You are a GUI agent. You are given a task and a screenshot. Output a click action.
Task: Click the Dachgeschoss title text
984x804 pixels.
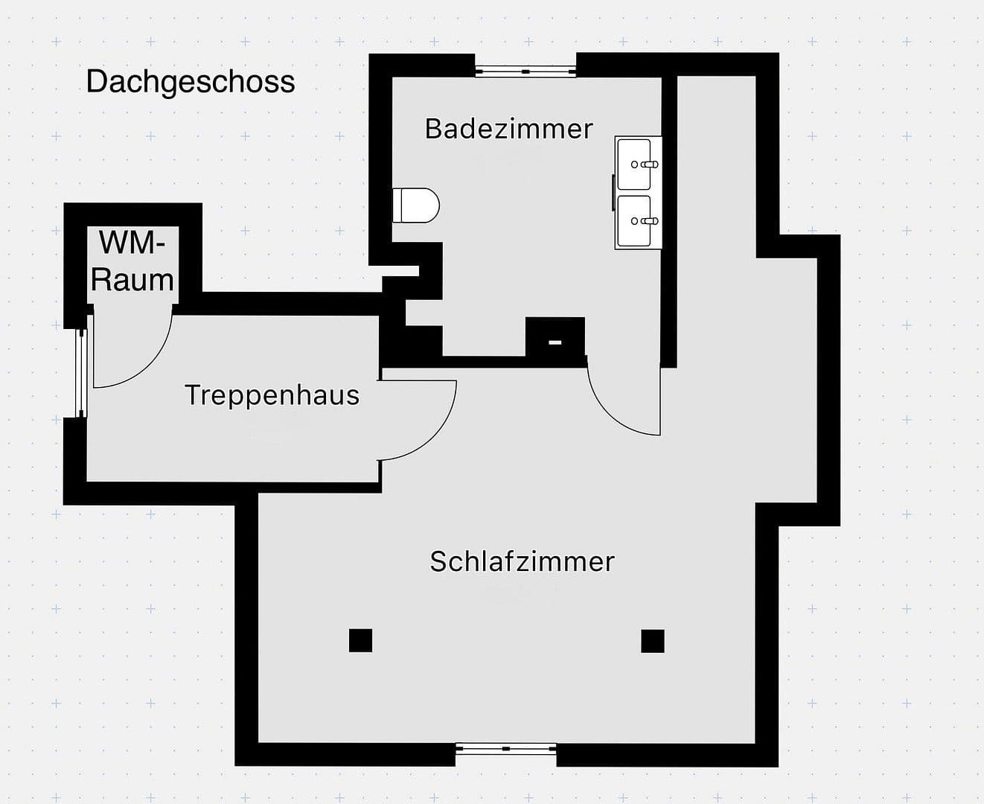tap(191, 81)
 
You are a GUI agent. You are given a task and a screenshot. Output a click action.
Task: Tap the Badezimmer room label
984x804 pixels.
tap(508, 129)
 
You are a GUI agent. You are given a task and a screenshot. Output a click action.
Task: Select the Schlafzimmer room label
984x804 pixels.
tap(522, 561)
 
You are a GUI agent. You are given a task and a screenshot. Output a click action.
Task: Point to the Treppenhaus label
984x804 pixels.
tap(272, 395)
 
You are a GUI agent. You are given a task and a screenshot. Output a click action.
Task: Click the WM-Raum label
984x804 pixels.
tap(132, 261)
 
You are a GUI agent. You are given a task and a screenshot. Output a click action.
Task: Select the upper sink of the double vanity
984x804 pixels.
tap(638, 164)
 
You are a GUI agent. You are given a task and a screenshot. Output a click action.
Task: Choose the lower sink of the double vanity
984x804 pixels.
tap(638, 221)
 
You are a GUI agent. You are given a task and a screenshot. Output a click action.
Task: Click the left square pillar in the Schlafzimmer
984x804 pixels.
tap(360, 640)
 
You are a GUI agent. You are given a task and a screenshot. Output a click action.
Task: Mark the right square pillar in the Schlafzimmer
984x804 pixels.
tap(652, 640)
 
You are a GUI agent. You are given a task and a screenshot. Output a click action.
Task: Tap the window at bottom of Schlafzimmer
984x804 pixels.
tap(505, 749)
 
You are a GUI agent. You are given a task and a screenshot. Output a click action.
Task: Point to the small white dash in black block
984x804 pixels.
tap(555, 342)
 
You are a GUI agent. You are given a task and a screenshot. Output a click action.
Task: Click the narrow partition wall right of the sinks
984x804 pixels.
tap(668, 223)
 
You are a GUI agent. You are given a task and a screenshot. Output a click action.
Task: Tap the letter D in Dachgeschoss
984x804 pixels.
tap(95, 81)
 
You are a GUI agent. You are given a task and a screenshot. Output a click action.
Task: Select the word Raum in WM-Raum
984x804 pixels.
tap(132, 280)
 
